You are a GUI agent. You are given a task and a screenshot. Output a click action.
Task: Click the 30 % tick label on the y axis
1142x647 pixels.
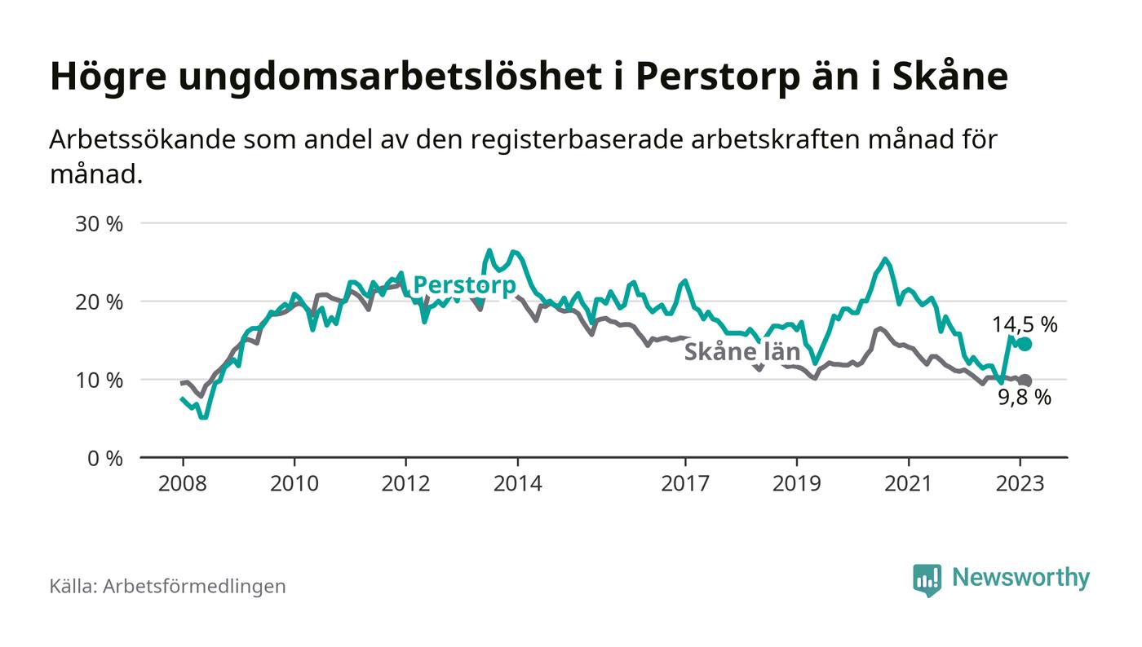tap(100, 223)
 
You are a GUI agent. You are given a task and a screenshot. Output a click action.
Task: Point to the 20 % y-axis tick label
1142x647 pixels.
tap(100, 301)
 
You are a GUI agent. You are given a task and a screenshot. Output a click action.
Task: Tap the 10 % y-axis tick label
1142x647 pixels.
tap(100, 380)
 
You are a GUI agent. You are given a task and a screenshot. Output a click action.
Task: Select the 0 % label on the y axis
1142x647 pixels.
tap(105, 458)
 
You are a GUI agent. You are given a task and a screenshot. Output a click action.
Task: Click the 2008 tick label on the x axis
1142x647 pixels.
tap(182, 483)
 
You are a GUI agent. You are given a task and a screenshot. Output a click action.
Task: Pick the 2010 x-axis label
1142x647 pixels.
tap(294, 483)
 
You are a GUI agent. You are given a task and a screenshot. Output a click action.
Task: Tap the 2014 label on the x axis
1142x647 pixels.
tap(517, 483)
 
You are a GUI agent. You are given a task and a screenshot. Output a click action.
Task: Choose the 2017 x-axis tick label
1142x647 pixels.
tap(685, 483)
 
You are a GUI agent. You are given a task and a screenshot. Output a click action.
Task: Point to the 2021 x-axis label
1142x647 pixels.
tap(909, 483)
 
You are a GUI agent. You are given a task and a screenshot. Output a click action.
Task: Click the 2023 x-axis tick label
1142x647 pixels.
tap(1020, 483)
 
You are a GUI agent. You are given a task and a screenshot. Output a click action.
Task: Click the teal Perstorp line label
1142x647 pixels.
tap(465, 285)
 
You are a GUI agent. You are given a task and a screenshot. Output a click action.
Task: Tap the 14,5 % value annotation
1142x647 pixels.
tap(1025, 324)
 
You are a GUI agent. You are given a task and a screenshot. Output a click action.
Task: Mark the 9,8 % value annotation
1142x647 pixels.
tap(1025, 398)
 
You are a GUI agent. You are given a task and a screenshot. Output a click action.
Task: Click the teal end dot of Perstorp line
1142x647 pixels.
tap(1025, 345)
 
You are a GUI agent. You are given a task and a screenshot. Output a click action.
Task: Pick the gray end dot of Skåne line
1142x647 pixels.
tap(1025, 381)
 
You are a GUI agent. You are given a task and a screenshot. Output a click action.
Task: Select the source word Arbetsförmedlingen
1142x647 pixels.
tap(194, 586)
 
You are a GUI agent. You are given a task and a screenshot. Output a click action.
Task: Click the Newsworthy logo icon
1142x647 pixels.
tap(927, 579)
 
